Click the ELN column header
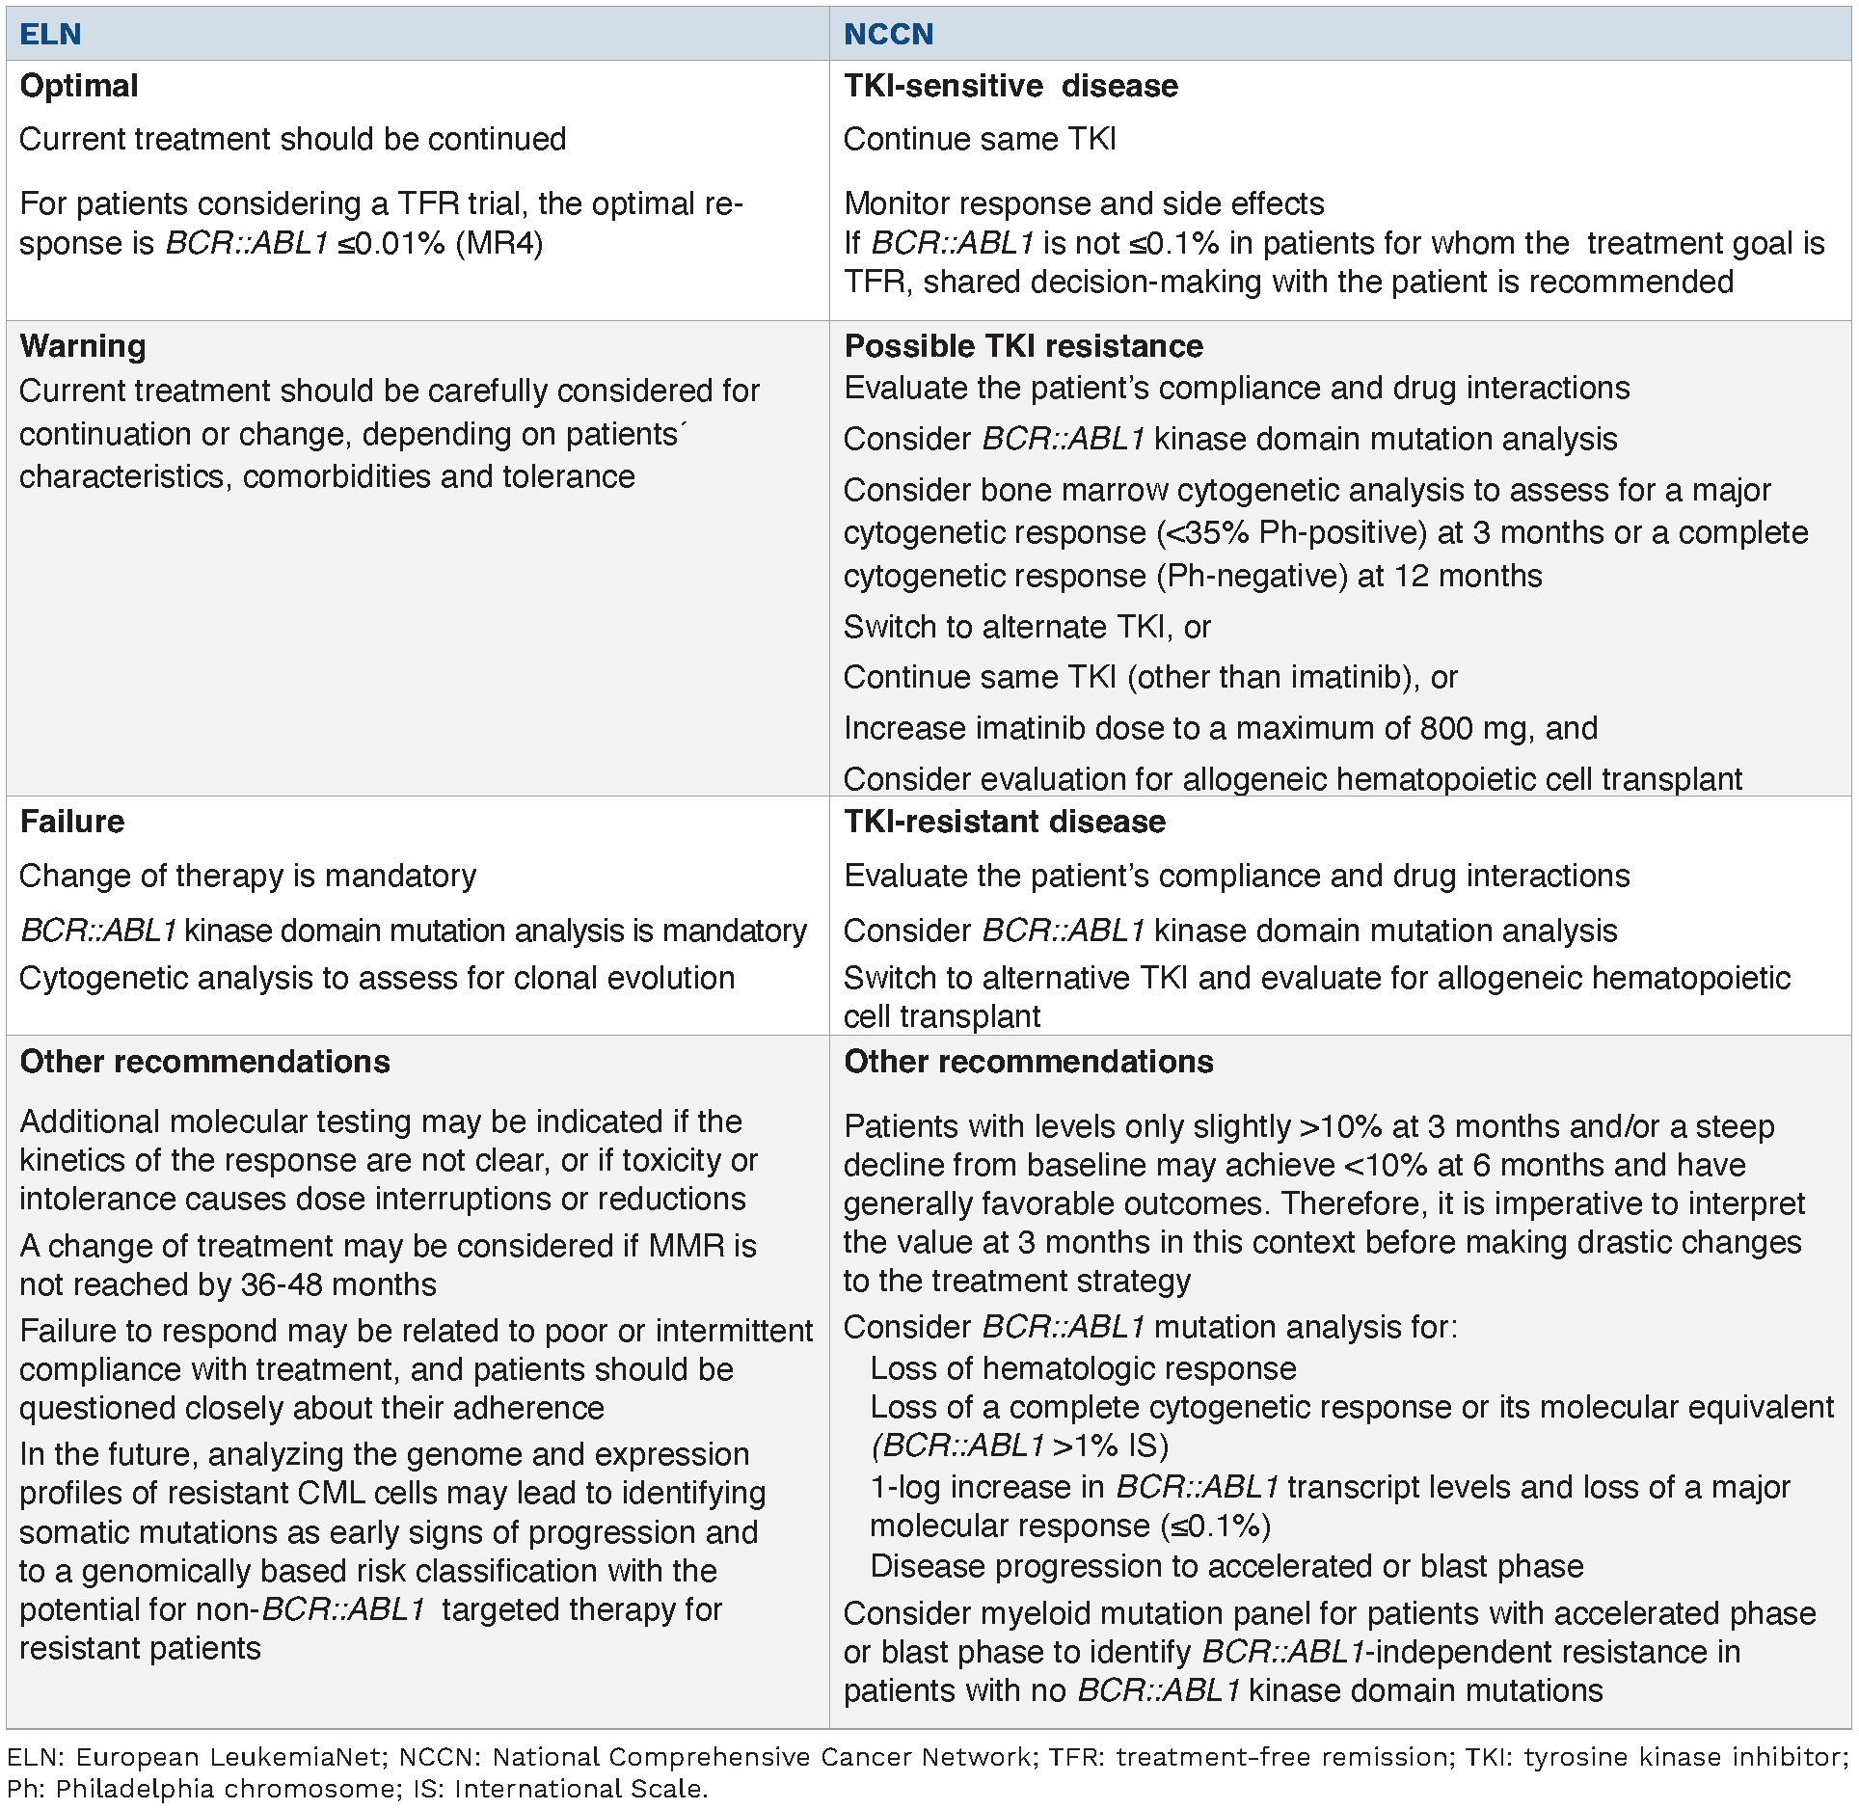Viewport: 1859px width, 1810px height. [x=50, y=35]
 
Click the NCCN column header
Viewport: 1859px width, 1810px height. [x=888, y=35]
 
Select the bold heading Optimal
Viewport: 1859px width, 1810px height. [x=79, y=86]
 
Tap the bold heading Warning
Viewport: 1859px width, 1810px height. [x=83, y=346]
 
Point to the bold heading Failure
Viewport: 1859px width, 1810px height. [x=72, y=822]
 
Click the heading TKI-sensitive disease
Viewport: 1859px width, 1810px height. [x=1010, y=86]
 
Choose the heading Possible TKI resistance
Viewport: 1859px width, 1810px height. [x=1023, y=346]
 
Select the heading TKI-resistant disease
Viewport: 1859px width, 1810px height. [x=1005, y=822]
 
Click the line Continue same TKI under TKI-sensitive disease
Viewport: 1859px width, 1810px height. [x=980, y=139]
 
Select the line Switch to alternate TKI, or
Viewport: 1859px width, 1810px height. [x=1027, y=627]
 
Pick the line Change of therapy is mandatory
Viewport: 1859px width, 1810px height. [x=248, y=876]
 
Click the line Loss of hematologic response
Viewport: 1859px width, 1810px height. [x=1083, y=1368]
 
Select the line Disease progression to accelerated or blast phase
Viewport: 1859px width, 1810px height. [x=1226, y=1566]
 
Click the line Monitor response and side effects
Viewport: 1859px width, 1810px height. [x=1084, y=203]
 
